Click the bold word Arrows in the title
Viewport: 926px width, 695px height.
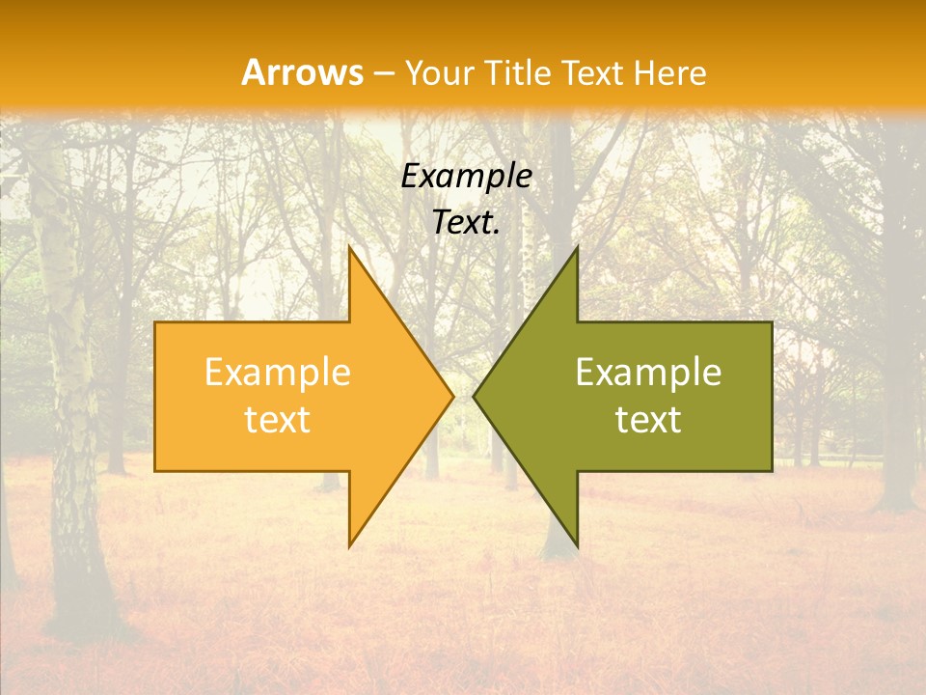pyautogui.click(x=302, y=72)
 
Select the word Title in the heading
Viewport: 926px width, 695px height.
pyautogui.click(x=524, y=73)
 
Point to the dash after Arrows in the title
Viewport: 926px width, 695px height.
pyautogui.click(x=385, y=74)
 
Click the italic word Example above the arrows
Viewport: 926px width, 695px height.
pyautogui.click(x=467, y=177)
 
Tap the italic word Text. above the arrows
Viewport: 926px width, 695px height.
pyautogui.click(x=467, y=223)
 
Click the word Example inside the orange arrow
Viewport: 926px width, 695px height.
pyautogui.click(x=278, y=373)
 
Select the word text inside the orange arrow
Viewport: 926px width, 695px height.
pyautogui.click(x=278, y=420)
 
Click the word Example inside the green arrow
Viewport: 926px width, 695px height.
pyautogui.click(x=648, y=373)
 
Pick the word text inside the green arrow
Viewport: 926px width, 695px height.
pyautogui.click(x=648, y=420)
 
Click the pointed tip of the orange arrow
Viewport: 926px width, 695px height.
pyautogui.click(x=451, y=396)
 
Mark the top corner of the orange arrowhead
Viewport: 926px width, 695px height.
pyautogui.click(x=350, y=248)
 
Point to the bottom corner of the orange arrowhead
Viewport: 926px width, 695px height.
pyautogui.click(x=350, y=545)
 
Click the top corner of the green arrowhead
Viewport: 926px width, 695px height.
pyautogui.click(x=577, y=248)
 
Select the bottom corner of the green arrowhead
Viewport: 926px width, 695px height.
pyautogui.click(x=577, y=545)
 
